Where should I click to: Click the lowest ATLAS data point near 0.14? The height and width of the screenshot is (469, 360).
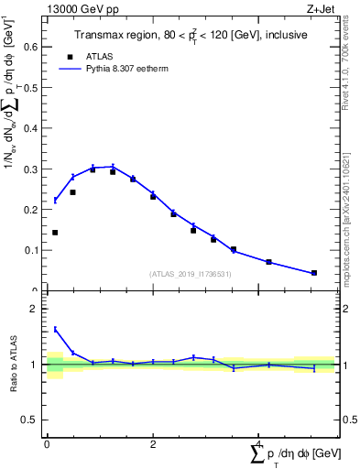55,233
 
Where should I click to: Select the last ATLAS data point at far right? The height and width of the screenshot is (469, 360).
314,273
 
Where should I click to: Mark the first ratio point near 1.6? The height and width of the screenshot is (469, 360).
55,330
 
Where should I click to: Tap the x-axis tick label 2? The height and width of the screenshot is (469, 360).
153,444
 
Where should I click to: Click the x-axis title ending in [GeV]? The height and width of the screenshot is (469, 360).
298,454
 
